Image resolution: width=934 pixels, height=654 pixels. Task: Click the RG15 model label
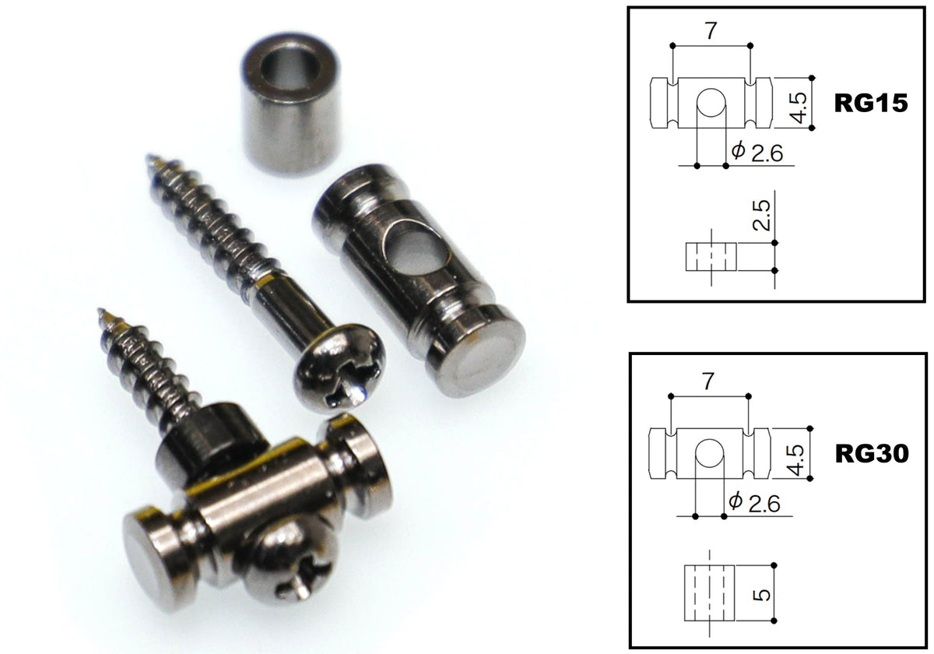point(871,103)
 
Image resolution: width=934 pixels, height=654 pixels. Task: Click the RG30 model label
point(872,454)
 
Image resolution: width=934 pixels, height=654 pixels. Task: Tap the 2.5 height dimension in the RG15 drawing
point(761,215)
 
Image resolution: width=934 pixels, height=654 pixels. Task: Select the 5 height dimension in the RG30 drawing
point(762,595)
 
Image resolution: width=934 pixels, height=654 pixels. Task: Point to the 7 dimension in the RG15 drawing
point(711,31)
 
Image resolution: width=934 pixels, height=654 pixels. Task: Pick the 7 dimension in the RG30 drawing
point(708,381)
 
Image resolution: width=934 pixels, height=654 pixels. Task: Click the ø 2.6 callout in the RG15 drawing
point(757,153)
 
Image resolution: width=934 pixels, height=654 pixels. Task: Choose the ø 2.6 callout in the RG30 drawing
point(755,503)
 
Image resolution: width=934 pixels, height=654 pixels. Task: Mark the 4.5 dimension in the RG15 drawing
point(799,108)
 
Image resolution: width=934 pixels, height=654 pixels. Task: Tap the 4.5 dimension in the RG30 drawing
point(796,460)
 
